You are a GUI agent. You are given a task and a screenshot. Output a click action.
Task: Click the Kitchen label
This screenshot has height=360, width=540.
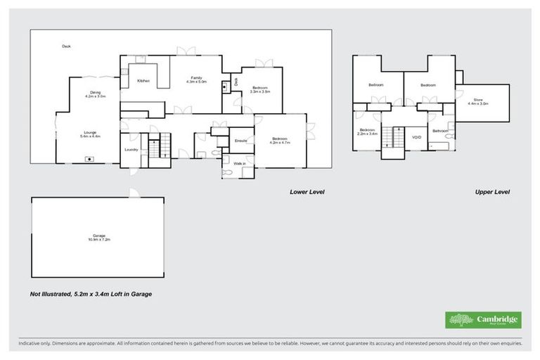(143, 82)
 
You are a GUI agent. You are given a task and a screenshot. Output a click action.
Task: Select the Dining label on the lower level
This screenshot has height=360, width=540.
(95, 92)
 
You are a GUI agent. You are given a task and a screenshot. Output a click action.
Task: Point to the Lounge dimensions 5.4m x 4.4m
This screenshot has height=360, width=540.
(89, 136)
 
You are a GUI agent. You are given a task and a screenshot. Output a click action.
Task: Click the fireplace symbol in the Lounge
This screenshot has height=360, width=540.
(89, 159)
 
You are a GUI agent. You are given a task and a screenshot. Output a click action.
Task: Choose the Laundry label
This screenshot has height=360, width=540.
(131, 150)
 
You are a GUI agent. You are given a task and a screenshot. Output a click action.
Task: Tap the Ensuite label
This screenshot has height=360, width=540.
(240, 141)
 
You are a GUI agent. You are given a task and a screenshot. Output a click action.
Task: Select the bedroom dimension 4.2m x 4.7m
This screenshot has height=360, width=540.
(281, 142)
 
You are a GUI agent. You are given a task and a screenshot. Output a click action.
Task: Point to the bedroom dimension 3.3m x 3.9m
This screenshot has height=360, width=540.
(260, 91)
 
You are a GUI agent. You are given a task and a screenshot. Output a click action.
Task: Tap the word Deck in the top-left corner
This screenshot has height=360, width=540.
(66, 46)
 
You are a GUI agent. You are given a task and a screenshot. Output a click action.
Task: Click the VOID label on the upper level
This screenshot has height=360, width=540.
(416, 138)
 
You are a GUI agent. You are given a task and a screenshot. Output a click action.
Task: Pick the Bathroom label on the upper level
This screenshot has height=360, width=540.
(441, 130)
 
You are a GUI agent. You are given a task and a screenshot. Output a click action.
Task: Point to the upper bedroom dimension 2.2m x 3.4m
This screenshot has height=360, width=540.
(368, 133)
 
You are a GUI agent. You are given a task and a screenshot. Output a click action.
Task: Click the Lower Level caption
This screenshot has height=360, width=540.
(307, 191)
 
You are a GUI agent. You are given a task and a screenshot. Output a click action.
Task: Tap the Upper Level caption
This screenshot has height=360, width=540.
(491, 191)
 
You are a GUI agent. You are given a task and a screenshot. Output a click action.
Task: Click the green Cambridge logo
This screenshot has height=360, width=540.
(483, 320)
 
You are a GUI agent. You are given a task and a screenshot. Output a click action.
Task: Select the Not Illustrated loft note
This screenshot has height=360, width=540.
(91, 294)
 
